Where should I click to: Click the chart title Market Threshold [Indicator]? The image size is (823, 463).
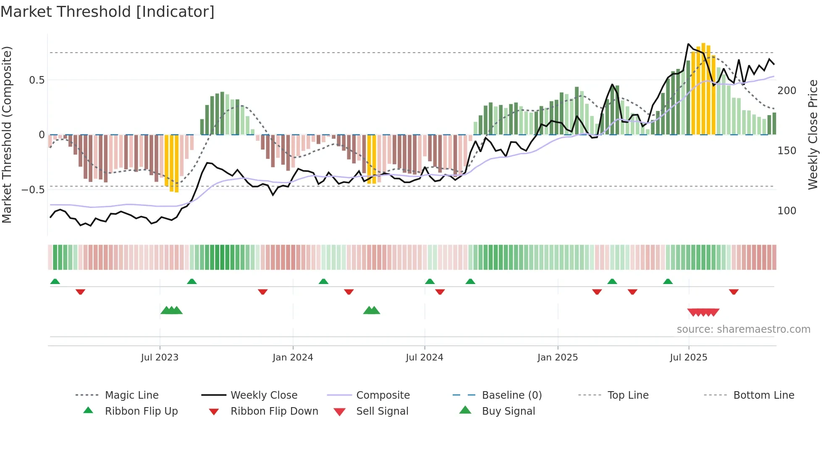pyautogui.click(x=107, y=12)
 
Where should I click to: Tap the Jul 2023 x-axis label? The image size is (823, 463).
pyautogui.click(x=160, y=358)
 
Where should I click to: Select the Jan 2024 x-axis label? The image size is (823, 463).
pyautogui.click(x=293, y=358)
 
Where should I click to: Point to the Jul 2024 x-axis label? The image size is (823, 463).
pyautogui.click(x=425, y=358)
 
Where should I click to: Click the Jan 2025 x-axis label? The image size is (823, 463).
pyautogui.click(x=558, y=358)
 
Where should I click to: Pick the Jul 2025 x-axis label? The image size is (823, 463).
pyautogui.click(x=689, y=358)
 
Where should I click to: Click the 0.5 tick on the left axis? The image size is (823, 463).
pyautogui.click(x=37, y=80)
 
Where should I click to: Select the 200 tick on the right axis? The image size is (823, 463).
pyautogui.click(x=786, y=91)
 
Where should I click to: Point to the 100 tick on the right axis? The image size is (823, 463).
pyautogui.click(x=786, y=211)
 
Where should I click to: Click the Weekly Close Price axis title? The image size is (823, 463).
pyautogui.click(x=813, y=134)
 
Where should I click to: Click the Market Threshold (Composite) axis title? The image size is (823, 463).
pyautogui.click(x=7, y=134)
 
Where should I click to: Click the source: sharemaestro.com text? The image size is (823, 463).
pyautogui.click(x=743, y=329)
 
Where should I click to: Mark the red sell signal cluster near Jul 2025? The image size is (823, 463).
pyautogui.click(x=703, y=313)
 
